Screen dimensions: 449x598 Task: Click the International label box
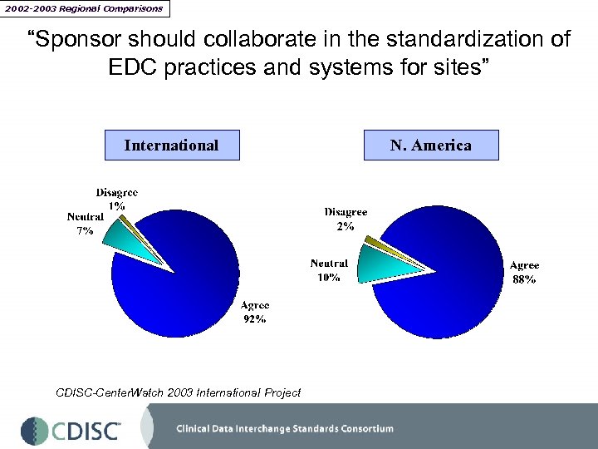171,146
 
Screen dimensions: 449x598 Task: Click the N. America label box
431,146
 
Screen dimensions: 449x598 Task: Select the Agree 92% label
254,313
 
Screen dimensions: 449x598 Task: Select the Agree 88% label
524,273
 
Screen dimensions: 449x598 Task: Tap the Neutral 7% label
85,224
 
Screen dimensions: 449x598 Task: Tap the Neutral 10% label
329,270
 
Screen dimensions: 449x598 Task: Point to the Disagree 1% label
116,199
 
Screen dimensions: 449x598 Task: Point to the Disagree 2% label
346,219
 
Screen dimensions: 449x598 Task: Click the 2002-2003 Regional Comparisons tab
85,8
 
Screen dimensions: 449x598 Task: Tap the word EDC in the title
135,67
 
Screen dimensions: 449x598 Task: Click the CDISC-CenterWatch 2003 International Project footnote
178,392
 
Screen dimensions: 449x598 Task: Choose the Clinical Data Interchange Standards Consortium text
285,429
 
